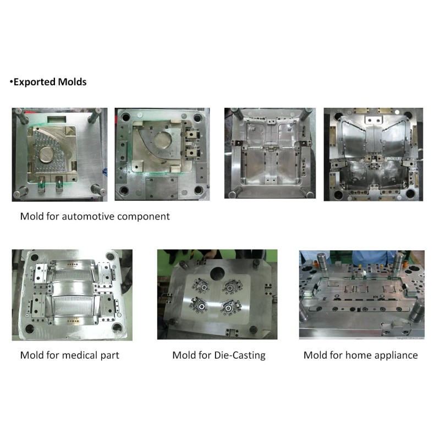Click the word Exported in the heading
[x=35, y=82]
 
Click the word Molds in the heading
[x=72, y=82]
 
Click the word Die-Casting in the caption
[x=240, y=355]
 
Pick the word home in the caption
[x=356, y=355]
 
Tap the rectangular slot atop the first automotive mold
[x=57, y=119]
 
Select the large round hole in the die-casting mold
[x=217, y=273]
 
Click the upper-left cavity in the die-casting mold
[x=201, y=287]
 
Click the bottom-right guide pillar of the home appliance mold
[x=416, y=310]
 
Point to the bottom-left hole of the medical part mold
[x=30, y=329]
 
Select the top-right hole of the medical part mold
[x=111, y=256]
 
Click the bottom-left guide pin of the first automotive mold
[x=20, y=193]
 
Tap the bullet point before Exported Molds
[x=11, y=82]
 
